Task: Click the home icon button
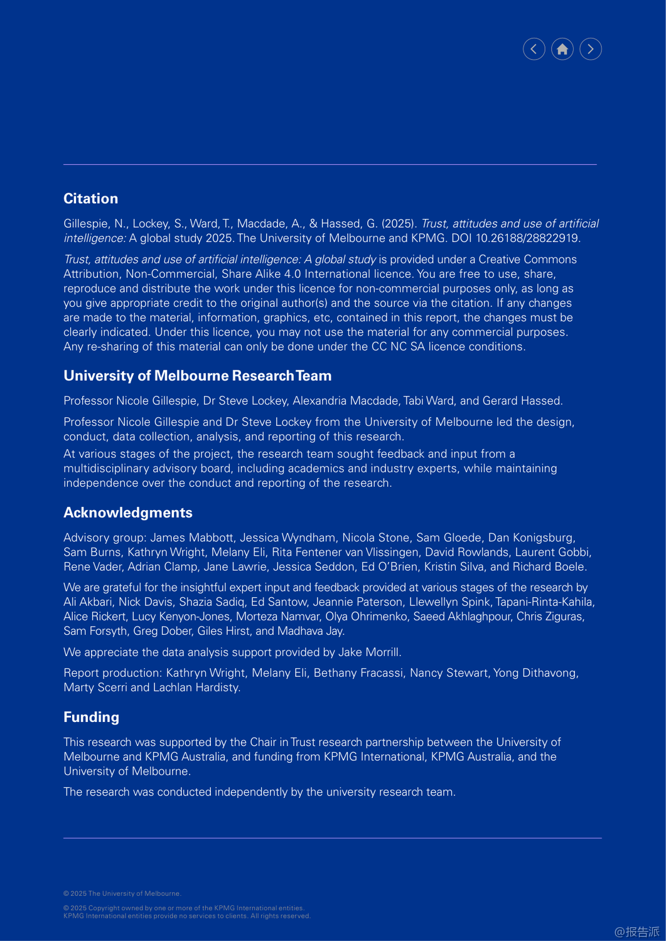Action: [x=562, y=49]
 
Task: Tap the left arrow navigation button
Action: [x=534, y=49]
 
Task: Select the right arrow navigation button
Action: [x=590, y=49]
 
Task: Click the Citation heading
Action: [x=90, y=199]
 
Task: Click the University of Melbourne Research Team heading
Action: [x=197, y=376]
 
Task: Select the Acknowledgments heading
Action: [x=127, y=513]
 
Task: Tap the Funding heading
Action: [x=91, y=717]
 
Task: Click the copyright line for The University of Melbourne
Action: [x=122, y=893]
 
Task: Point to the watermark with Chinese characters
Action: [x=636, y=932]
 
